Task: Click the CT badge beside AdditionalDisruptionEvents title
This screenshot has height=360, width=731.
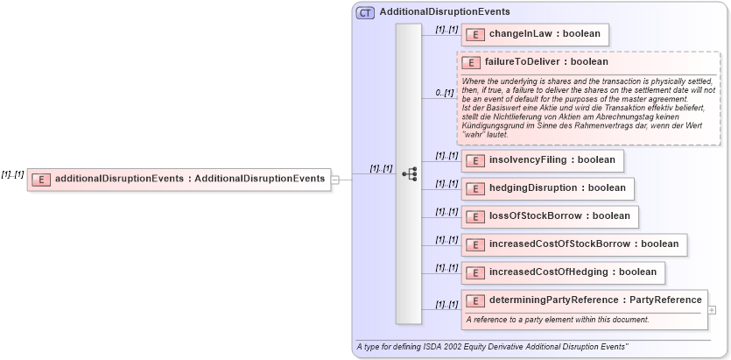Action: point(365,12)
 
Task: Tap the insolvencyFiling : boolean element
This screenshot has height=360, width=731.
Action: point(543,160)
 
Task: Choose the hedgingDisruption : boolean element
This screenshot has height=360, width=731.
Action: point(547,187)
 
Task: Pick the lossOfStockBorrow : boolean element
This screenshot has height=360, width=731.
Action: point(550,215)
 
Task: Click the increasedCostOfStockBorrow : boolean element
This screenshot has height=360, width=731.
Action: point(573,244)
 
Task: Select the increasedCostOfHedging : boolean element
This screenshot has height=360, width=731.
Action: point(563,272)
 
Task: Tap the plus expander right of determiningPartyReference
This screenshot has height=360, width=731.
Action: point(712,309)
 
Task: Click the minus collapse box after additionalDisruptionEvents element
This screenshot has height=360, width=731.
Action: point(335,179)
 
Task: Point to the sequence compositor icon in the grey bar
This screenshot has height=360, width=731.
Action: point(409,174)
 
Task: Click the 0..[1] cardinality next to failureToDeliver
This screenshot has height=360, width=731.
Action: point(446,92)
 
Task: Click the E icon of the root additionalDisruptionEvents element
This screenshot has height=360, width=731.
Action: point(41,179)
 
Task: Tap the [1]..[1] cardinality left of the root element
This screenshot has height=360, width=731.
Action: point(12,174)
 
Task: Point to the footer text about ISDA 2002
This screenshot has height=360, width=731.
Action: point(492,347)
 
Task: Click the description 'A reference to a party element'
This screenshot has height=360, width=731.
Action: point(557,319)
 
